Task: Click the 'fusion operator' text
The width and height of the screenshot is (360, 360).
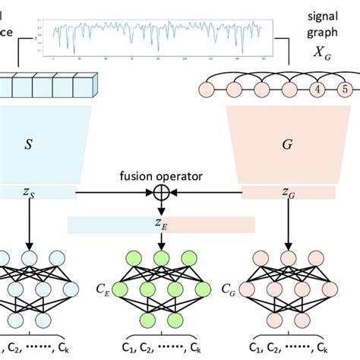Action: [x=160, y=176]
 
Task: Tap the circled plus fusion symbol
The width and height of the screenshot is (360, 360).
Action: [x=160, y=193]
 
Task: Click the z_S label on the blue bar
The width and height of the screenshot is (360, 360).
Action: [x=28, y=194]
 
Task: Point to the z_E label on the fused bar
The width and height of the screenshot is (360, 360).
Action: [x=160, y=225]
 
